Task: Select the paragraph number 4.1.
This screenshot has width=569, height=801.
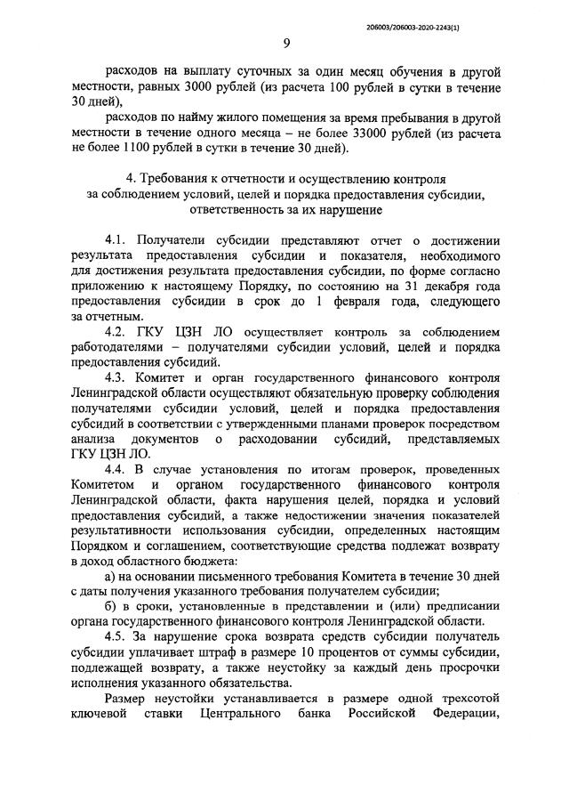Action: [x=118, y=241]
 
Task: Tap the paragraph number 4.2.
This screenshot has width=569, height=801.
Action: [x=118, y=331]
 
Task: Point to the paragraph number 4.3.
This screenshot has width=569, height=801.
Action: [x=118, y=376]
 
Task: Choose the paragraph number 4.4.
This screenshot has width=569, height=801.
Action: [x=118, y=466]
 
